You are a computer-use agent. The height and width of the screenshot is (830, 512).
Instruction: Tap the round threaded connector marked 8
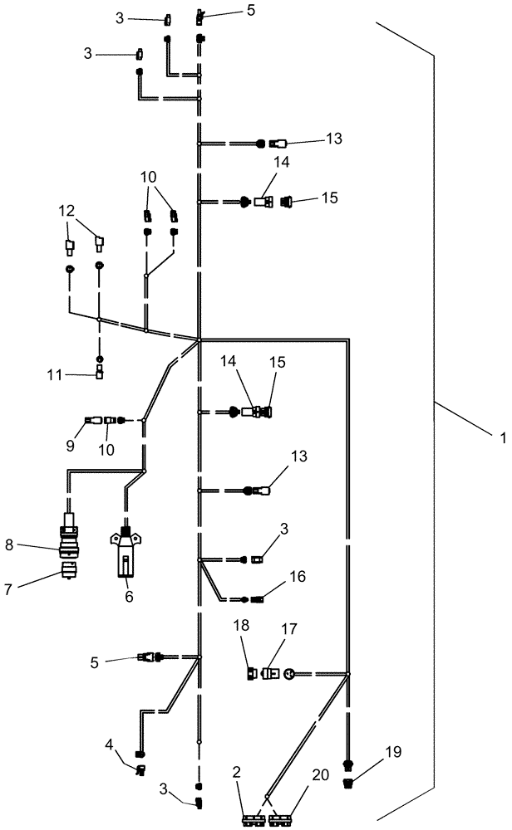coord(68,540)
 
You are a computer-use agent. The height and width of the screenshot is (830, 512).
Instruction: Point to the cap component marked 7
coord(68,570)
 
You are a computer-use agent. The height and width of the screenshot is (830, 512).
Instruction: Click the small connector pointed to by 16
coord(257,598)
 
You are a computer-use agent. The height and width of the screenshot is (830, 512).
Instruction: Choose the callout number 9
coord(71,446)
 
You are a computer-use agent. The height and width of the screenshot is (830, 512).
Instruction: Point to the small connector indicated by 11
coord(99,373)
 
